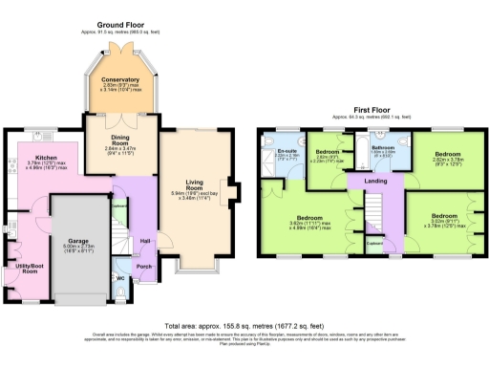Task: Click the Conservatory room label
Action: pos(121,79)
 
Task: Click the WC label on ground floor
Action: pos(121,277)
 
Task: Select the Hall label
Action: pos(146,240)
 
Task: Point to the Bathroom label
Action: pos(382,147)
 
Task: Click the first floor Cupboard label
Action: pos(376,242)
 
